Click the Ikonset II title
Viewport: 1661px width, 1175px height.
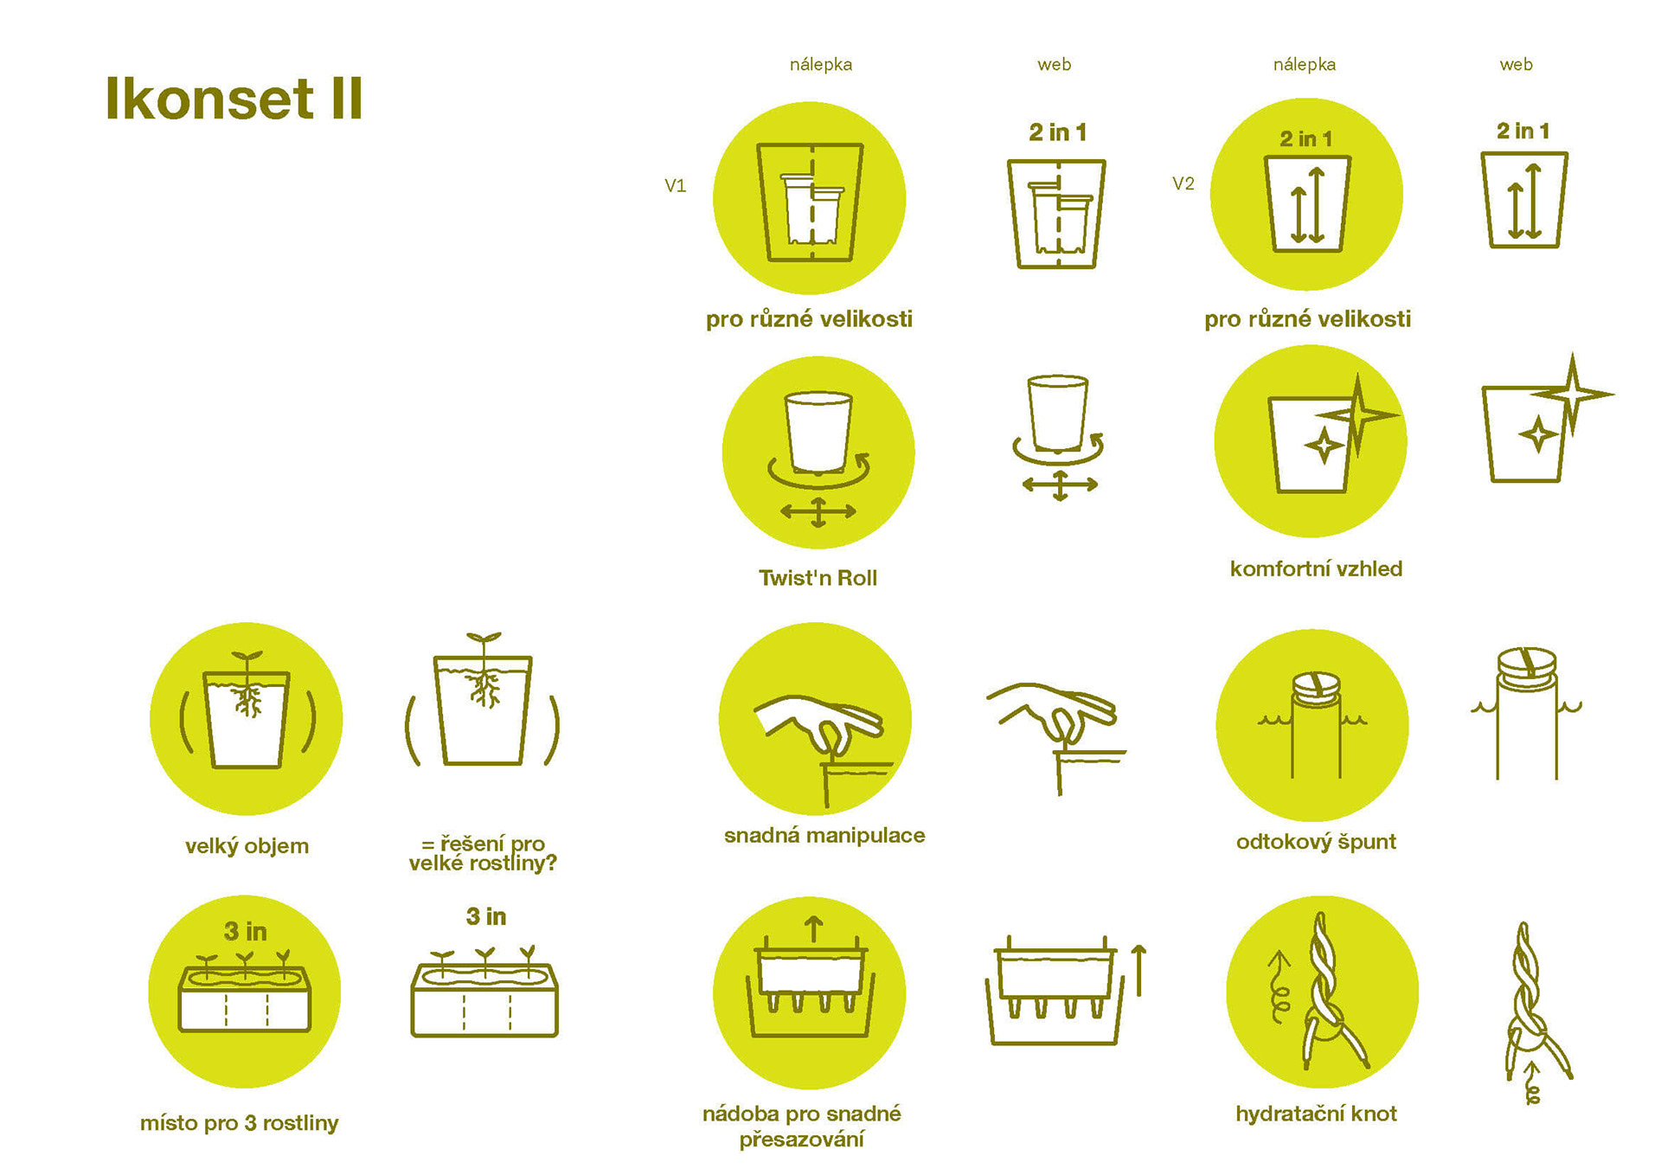click(x=234, y=98)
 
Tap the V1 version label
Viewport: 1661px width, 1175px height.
click(x=675, y=185)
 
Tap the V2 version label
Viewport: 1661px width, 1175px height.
click(x=1183, y=183)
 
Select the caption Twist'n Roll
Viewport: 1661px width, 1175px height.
click(x=818, y=578)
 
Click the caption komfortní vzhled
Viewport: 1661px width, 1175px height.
click(x=1316, y=568)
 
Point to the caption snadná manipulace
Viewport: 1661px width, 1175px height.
click(x=824, y=835)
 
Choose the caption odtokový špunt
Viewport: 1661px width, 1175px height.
click(x=1316, y=842)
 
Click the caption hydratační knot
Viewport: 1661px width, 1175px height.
click(x=1316, y=1114)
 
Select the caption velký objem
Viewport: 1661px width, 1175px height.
click(x=247, y=846)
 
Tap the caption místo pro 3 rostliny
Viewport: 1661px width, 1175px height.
click(x=240, y=1123)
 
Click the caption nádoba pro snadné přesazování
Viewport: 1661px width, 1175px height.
click(x=802, y=1126)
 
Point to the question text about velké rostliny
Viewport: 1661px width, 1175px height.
click(x=483, y=853)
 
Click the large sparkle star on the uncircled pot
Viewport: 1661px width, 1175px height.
click(x=1573, y=395)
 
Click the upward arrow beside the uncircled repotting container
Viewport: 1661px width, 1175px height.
click(x=1139, y=970)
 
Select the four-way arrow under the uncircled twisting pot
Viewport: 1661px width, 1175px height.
click(x=1060, y=485)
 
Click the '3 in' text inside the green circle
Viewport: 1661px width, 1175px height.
click(x=246, y=931)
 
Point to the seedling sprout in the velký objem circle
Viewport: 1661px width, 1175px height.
click(x=247, y=661)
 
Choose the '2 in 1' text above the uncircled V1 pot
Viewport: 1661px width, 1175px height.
click(x=1057, y=132)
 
